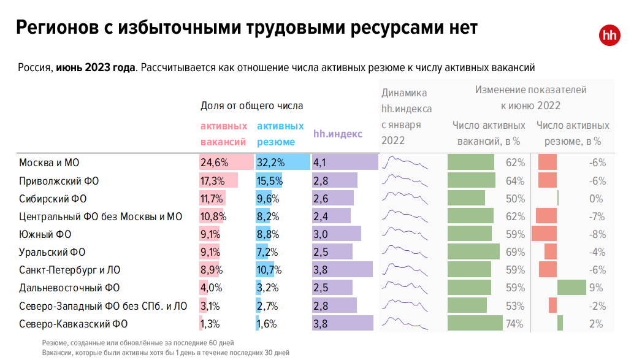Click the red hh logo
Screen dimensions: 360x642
[x=610, y=35]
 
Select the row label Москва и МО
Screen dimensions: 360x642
[x=50, y=163]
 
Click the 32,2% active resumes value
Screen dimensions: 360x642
[x=270, y=163]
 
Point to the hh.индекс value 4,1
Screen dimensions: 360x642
[x=321, y=163]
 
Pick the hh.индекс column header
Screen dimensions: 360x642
[x=338, y=134]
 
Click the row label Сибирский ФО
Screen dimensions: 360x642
[x=53, y=199]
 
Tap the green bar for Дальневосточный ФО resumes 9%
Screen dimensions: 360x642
[x=571, y=288]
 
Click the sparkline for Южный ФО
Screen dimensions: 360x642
[x=405, y=234]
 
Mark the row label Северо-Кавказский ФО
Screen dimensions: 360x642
[x=74, y=324]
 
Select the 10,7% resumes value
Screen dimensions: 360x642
[x=270, y=270]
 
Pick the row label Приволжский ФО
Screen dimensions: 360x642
[x=59, y=181]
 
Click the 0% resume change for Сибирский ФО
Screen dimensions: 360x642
[x=597, y=199]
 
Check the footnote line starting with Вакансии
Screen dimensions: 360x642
[x=166, y=353]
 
